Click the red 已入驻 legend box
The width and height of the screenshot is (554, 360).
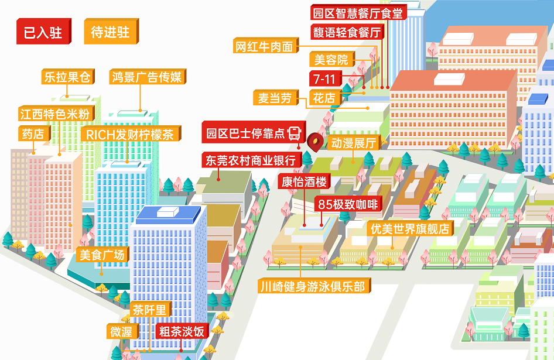coord(43,32)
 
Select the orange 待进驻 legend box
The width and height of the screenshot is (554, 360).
coord(110,32)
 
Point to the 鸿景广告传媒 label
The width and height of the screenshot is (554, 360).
coord(147,77)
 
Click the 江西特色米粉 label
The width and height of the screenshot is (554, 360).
coord(55,114)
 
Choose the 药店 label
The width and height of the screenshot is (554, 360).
coord(33,133)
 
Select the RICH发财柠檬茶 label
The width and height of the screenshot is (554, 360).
coord(129,134)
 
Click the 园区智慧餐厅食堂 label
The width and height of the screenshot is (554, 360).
coord(358,13)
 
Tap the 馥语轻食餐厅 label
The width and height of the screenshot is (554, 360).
coord(347,32)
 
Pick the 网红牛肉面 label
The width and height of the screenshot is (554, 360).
coord(264,47)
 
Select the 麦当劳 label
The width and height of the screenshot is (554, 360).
coord(275,98)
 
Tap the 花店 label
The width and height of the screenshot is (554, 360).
coord(324,98)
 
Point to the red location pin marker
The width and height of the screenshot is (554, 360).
coord(316,140)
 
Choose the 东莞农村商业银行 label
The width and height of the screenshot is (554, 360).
coord(251,159)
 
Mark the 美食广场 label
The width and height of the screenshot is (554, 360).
coord(102,255)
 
